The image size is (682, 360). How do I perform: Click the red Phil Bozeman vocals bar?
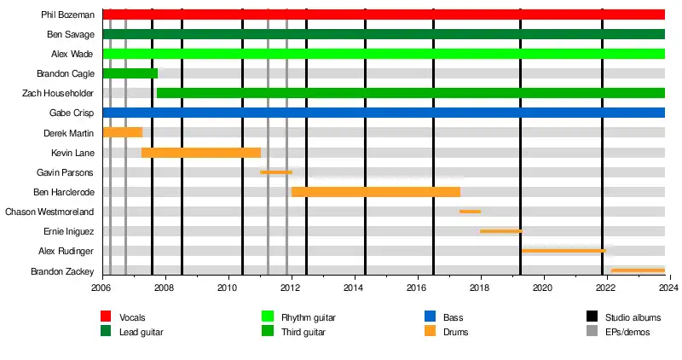[x=384, y=15]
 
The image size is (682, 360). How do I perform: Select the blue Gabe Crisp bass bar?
[x=384, y=113]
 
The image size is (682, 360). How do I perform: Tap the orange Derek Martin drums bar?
[x=122, y=132]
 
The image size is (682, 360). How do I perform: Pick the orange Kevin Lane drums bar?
[x=201, y=152]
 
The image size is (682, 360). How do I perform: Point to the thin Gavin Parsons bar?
[x=276, y=172]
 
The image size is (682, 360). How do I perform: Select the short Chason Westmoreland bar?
[x=470, y=212]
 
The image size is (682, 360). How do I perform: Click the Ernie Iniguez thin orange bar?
[x=501, y=231]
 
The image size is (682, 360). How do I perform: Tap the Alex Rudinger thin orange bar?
[x=564, y=251]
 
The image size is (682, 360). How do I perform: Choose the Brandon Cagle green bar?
[x=130, y=73]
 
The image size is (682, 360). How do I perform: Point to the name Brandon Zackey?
[x=62, y=270]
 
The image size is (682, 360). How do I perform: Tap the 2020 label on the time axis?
[x=543, y=288]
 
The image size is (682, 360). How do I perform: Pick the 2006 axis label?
[x=102, y=288]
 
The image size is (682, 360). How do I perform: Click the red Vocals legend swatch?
[x=106, y=317]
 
